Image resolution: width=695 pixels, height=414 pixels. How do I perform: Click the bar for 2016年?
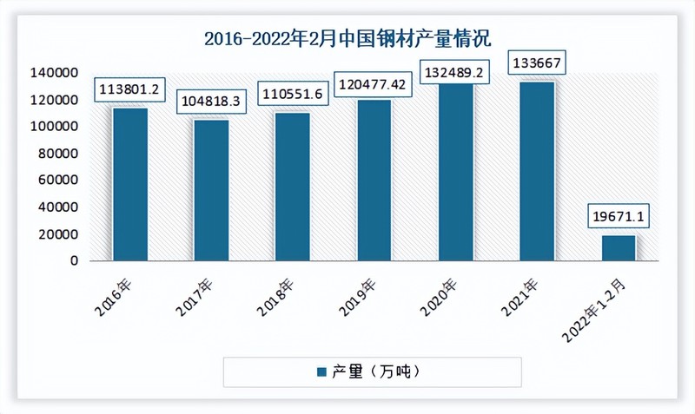(x=129, y=183)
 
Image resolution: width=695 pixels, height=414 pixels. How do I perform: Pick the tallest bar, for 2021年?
(x=537, y=171)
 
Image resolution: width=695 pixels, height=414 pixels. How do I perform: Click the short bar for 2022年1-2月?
(x=618, y=247)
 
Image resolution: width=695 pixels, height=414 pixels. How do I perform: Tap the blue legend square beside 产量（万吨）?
(x=320, y=371)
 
